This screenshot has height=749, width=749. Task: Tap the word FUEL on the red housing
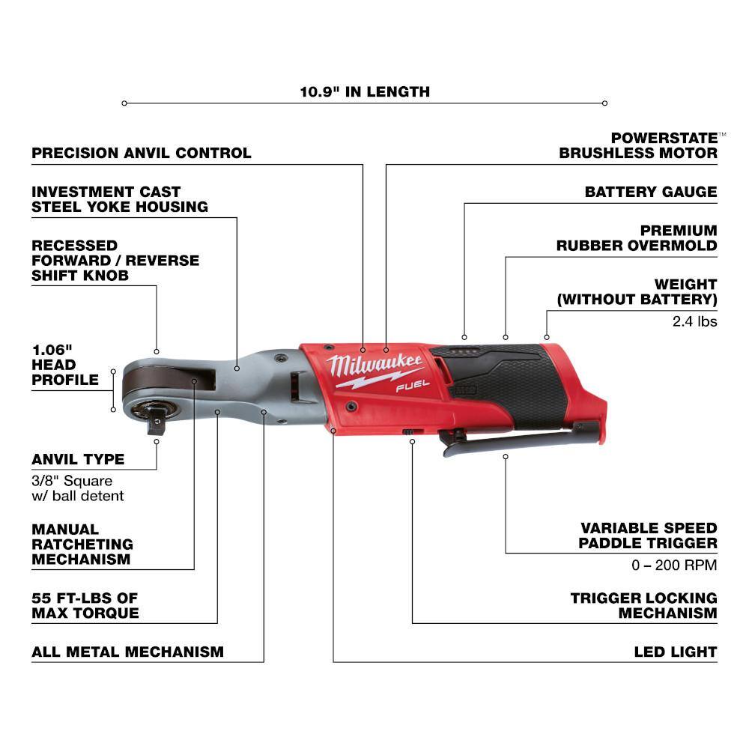[x=413, y=386]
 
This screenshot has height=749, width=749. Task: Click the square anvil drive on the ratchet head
[x=157, y=423]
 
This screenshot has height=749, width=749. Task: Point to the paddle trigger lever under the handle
[x=521, y=437]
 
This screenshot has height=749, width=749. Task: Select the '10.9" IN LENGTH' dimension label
[x=365, y=91]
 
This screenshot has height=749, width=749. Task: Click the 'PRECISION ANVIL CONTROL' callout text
[x=142, y=153]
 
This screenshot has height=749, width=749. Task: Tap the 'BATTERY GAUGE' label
[x=651, y=192]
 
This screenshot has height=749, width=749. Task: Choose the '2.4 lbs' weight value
[x=695, y=321]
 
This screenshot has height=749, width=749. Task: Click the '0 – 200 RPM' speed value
[x=675, y=565]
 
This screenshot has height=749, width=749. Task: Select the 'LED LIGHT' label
[x=676, y=652]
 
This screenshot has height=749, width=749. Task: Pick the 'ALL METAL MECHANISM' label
[x=127, y=652]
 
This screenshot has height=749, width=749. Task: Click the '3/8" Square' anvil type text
[x=72, y=481]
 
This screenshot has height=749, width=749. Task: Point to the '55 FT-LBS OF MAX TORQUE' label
[x=85, y=605]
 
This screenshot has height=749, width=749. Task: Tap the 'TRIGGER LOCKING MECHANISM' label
[x=644, y=605]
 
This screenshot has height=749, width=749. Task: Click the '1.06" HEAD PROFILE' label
[x=65, y=365]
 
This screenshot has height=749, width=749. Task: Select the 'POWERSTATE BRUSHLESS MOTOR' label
[x=639, y=145]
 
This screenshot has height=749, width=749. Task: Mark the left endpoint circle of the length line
[x=124, y=103]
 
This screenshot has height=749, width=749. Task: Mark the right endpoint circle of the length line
[x=604, y=103]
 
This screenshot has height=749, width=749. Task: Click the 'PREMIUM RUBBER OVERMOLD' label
[x=637, y=238]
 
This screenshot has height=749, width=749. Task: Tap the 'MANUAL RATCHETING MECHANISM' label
[x=82, y=544]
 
